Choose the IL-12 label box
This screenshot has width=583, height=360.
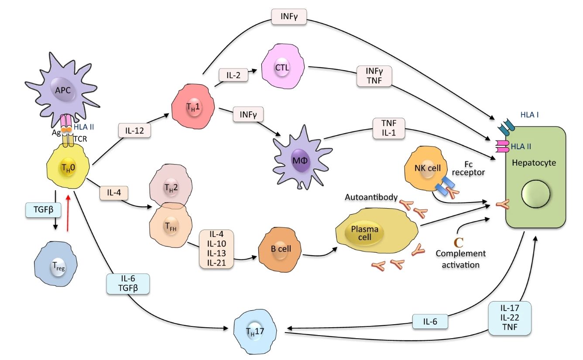tap(135, 130)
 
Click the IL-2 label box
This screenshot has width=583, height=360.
tap(233, 75)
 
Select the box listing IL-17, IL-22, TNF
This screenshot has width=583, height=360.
tap(510, 318)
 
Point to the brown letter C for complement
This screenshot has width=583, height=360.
tap(458, 242)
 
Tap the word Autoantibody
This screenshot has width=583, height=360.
tap(371, 197)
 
